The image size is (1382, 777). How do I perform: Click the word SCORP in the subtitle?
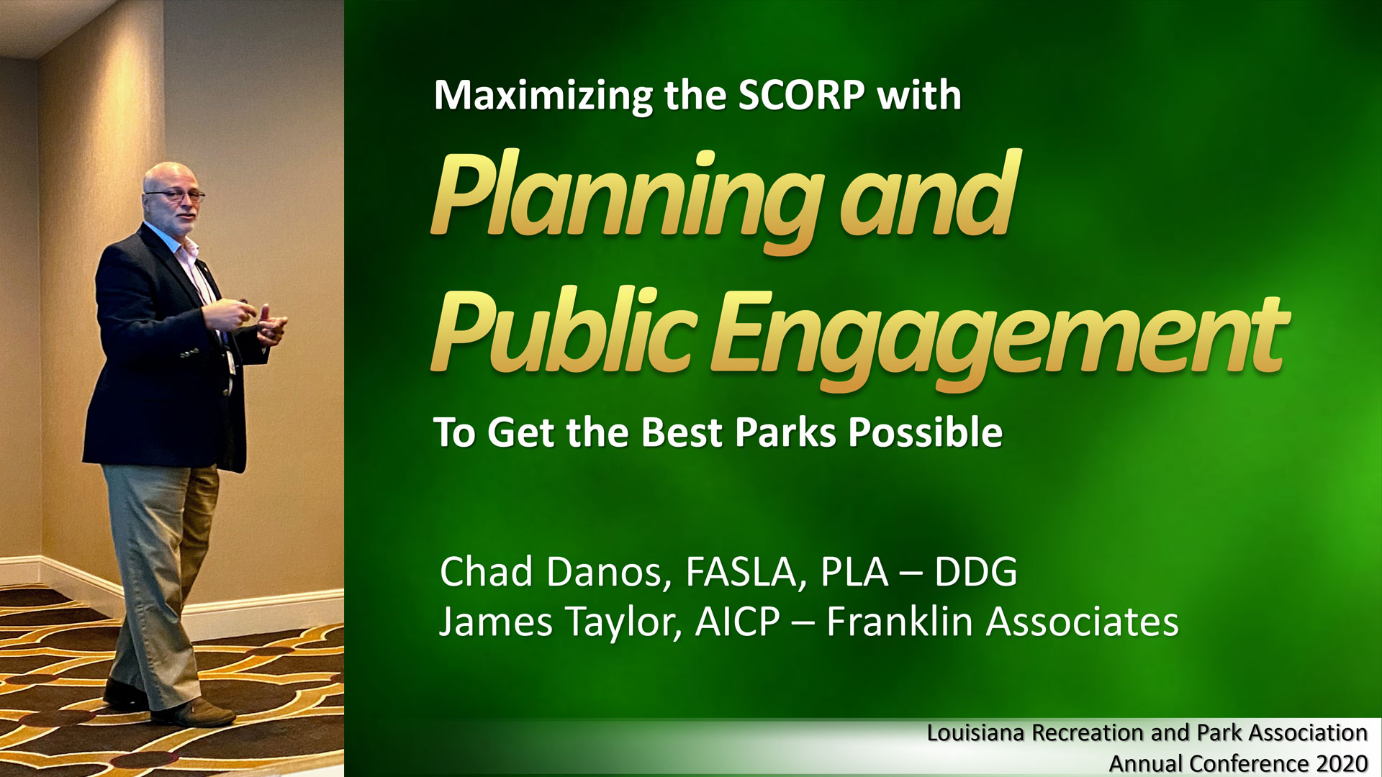tap(801, 95)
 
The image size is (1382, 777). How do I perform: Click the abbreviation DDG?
tap(976, 572)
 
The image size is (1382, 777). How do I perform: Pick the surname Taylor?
tap(623, 623)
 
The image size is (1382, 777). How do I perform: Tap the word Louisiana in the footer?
tap(975, 732)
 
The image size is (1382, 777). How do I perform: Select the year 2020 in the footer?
tap(1342, 763)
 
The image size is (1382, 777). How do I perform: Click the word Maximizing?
tap(543, 96)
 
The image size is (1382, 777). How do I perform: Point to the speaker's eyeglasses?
tap(175, 194)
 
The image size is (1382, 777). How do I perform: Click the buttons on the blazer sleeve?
tap(189, 353)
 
